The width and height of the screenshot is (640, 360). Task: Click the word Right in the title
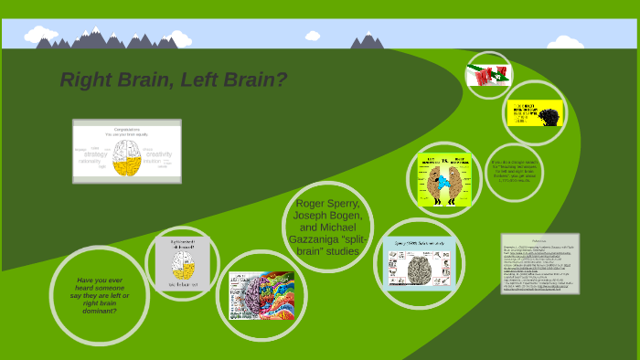pos(86,80)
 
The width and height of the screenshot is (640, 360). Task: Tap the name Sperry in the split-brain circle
pos(347,203)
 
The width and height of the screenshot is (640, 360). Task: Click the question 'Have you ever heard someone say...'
pos(99,295)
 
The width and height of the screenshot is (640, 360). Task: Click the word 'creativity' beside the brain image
pos(159,154)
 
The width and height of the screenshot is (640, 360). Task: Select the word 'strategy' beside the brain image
pos(96,154)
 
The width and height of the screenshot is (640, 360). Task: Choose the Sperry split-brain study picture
pos(419,263)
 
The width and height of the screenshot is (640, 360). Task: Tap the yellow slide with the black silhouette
pos(535,113)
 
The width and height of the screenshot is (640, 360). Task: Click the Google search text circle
pos(513,172)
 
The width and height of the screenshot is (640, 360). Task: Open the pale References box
pos(539,263)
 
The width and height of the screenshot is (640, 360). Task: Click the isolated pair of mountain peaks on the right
pos(368,41)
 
